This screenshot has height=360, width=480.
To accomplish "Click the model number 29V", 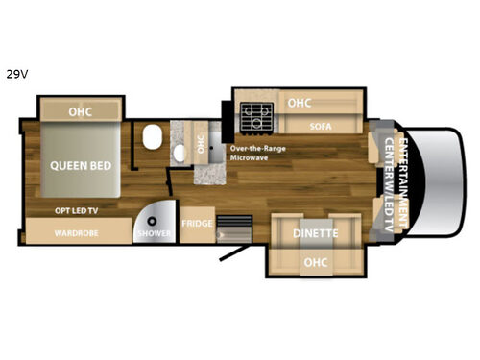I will (16, 73).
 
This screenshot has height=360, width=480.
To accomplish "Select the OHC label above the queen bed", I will (80, 111).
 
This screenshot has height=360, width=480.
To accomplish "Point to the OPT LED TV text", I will (75, 208).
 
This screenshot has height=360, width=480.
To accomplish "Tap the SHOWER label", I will (154, 233).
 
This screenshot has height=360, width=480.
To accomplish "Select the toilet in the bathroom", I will (149, 139).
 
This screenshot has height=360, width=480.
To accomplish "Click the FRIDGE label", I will (198, 223).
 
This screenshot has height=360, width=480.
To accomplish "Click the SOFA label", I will (321, 126).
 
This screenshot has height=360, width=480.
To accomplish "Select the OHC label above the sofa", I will (300, 103).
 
